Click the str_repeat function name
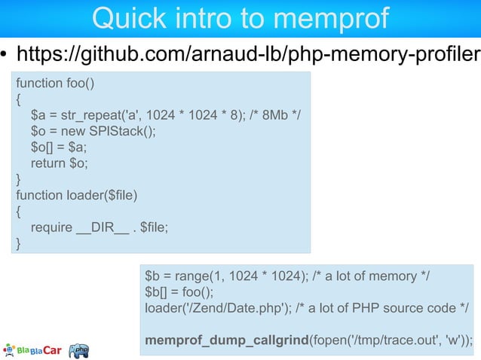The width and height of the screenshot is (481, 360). click(95, 115)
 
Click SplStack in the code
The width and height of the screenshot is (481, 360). click(124, 131)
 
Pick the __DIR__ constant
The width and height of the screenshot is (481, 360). click(103, 227)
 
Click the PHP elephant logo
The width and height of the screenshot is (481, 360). click(79, 350)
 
